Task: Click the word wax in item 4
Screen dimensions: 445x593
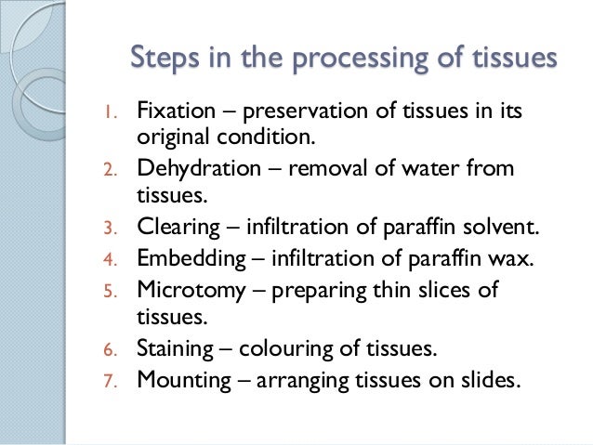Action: click(515, 256)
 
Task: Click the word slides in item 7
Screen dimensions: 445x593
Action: click(481, 378)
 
